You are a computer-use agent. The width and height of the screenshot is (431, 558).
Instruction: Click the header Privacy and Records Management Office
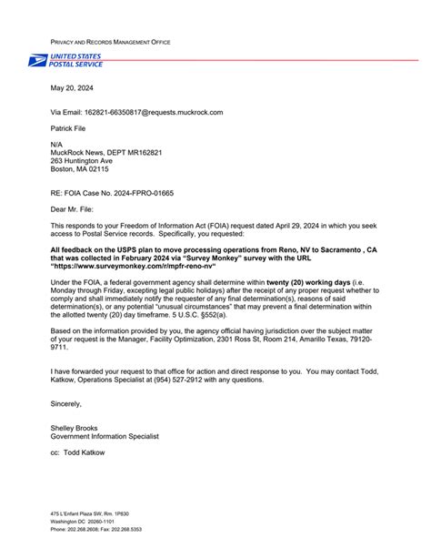110,43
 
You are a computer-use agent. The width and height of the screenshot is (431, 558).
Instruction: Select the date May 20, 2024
72,88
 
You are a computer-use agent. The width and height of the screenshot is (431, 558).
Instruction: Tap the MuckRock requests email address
156,112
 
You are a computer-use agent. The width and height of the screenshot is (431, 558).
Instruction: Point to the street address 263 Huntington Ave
82,160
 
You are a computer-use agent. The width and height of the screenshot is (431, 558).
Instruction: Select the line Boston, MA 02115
79,169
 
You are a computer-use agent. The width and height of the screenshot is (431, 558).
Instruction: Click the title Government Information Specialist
105,437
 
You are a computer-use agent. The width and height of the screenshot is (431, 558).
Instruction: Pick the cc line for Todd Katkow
77,452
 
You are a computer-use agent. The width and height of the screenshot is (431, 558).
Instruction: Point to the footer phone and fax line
96,529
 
